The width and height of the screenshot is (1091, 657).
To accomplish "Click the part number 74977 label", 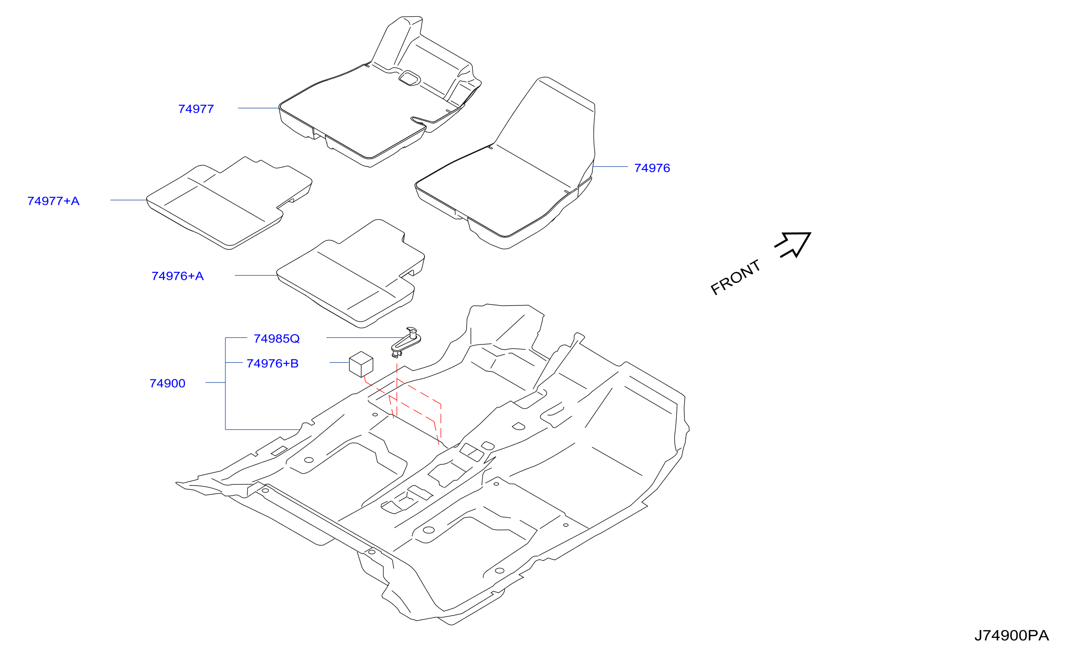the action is pyautogui.click(x=196, y=109).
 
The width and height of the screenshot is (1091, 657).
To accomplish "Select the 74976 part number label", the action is pyautogui.click(x=652, y=168).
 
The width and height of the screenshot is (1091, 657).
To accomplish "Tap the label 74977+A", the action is pyautogui.click(x=54, y=201).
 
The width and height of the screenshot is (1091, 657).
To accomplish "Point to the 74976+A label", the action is pyautogui.click(x=178, y=276).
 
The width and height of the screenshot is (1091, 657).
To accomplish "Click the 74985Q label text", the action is pyautogui.click(x=277, y=339).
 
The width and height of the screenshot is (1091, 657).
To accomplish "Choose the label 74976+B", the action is pyautogui.click(x=273, y=363).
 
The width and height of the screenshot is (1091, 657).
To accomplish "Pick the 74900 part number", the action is pyautogui.click(x=167, y=383).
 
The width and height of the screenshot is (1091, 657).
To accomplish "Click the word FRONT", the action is pyautogui.click(x=735, y=277).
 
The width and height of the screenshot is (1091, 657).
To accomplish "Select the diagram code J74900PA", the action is pyautogui.click(x=1012, y=636).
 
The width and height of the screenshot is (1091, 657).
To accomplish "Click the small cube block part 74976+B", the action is pyautogui.click(x=361, y=364).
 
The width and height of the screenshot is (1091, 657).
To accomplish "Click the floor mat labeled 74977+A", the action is pyautogui.click(x=229, y=203).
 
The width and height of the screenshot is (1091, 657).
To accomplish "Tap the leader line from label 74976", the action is pyautogui.click(x=610, y=167).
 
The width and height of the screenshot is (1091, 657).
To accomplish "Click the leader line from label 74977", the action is pyautogui.click(x=259, y=108).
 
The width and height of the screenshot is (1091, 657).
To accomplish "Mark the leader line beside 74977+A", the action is pyautogui.click(x=128, y=200).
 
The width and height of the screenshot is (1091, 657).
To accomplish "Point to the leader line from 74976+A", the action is pyautogui.click(x=256, y=275).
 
